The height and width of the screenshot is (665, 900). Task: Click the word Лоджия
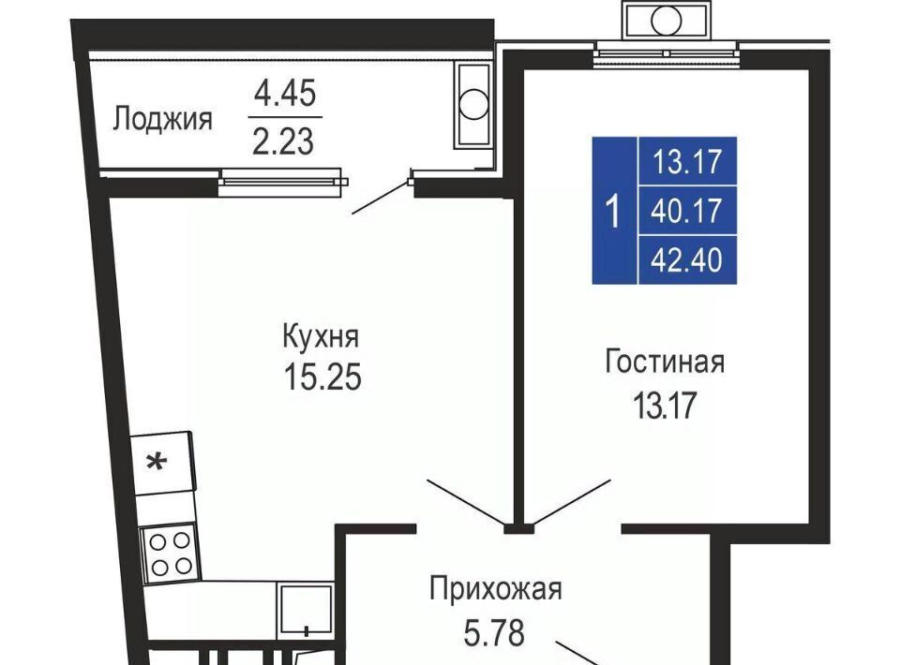tap(162, 120)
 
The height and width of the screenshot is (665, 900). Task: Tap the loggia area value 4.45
tap(285, 93)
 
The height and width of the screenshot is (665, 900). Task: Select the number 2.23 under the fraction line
tap(283, 141)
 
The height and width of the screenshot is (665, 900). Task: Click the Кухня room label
tap(321, 336)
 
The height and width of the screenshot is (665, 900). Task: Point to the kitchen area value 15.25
tap(322, 377)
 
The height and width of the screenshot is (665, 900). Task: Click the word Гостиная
tap(665, 362)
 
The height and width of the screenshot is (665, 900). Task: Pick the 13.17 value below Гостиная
tap(665, 405)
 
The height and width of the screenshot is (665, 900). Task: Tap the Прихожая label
tap(495, 589)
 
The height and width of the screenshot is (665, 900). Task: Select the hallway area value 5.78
tap(494, 632)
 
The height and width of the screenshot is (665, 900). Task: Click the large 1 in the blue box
tap(614, 211)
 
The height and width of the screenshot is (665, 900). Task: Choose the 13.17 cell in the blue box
tap(687, 161)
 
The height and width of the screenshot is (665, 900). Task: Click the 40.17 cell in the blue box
tap(687, 211)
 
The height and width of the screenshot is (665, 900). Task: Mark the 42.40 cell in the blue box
tap(687, 259)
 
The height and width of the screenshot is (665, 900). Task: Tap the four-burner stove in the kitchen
tap(171, 554)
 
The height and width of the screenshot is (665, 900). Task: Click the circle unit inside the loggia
tap(474, 105)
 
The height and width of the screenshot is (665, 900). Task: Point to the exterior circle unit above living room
tap(666, 21)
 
